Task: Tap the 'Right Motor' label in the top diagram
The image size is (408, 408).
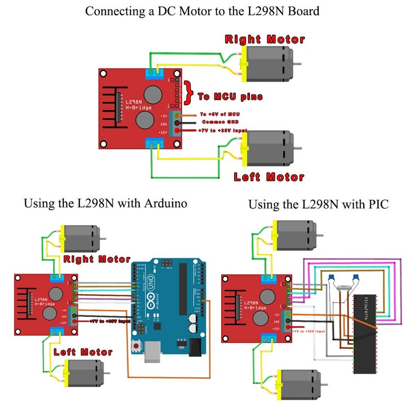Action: click(265, 39)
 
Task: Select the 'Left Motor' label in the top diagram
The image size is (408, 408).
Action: click(269, 177)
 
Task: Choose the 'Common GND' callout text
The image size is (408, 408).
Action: click(218, 122)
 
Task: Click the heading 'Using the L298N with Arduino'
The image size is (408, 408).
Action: click(106, 203)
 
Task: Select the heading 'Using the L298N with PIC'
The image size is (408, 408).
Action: click(318, 205)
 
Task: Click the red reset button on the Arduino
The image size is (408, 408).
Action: click(136, 347)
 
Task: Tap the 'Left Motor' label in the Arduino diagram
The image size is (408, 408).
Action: click(83, 352)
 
